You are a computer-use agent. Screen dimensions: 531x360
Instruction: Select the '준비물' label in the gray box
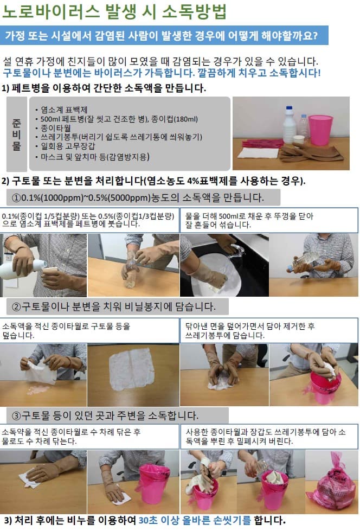coord(17,134)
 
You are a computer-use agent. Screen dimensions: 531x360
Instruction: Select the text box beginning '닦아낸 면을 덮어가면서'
coord(269,330)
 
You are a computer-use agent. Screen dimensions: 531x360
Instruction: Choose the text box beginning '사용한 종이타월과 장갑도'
coord(269,437)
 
